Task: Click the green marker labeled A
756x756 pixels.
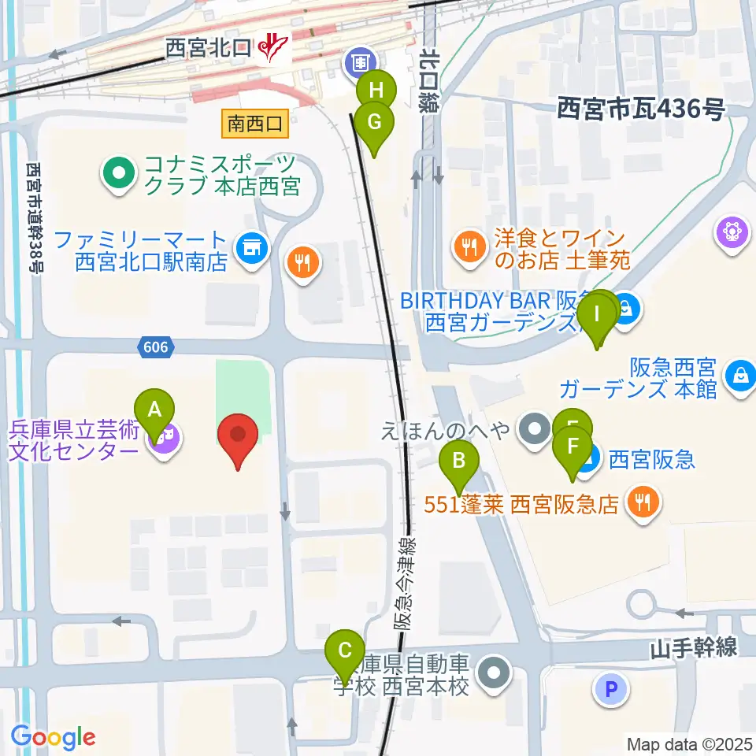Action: (155, 409)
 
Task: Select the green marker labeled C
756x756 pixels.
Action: (345, 650)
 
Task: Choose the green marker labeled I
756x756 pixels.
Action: (596, 316)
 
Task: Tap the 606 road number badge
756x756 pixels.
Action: (156, 346)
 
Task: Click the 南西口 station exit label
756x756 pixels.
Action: (254, 123)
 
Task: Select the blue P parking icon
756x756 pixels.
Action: (613, 691)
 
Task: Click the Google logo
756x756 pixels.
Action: (53, 738)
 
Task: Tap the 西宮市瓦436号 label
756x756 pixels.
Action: (640, 109)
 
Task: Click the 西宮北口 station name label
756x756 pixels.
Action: (208, 49)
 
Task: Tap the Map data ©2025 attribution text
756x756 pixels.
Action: (690, 743)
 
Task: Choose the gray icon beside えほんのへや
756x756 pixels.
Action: (535, 430)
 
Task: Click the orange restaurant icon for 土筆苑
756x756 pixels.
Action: (470, 247)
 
